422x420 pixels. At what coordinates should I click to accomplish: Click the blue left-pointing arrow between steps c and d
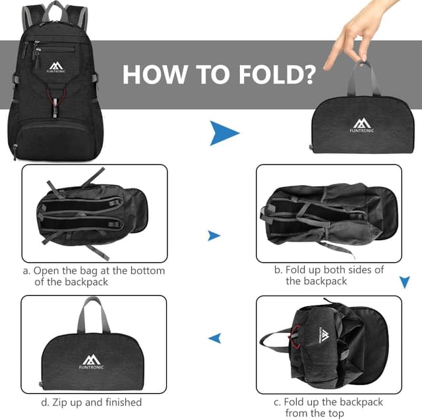(x=214, y=338)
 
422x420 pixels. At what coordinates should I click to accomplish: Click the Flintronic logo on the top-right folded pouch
(x=361, y=125)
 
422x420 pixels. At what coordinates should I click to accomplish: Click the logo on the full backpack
(x=55, y=66)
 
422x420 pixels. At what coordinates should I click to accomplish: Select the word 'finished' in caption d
(x=120, y=402)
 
